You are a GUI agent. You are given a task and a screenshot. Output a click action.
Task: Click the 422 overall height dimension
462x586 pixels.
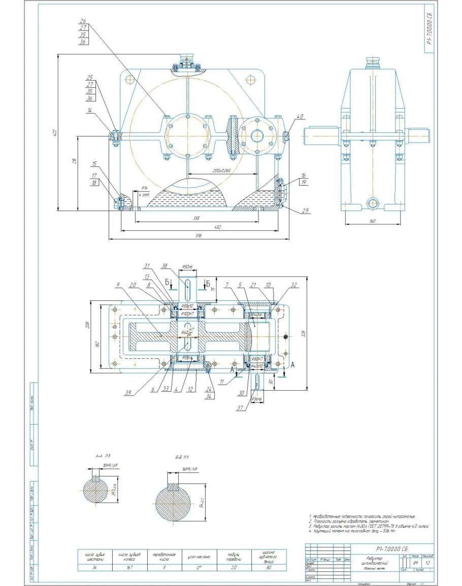[55, 133]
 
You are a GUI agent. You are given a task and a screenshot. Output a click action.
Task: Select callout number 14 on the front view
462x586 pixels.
[89, 110]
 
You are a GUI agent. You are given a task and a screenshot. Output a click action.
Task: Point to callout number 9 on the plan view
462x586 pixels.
[118, 285]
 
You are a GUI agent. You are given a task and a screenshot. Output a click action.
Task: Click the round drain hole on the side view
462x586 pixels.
[374, 203]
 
